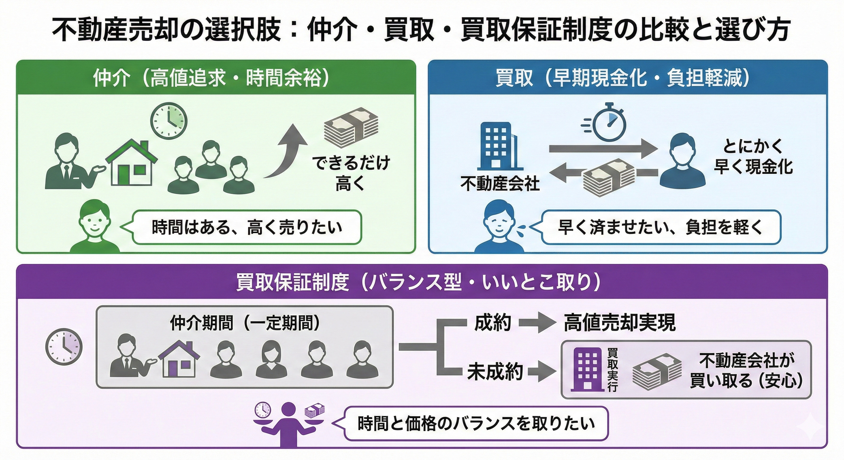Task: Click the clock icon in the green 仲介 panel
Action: tap(169, 121)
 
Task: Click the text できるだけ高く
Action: tap(351, 173)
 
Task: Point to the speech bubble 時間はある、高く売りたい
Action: tap(247, 227)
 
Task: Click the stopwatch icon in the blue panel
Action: tap(606, 125)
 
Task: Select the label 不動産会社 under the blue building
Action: tap(500, 184)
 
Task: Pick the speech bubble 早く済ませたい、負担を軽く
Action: tap(661, 227)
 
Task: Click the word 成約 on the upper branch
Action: tap(493, 323)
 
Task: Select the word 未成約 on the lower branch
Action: tap(495, 372)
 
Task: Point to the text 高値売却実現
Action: tap(620, 323)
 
